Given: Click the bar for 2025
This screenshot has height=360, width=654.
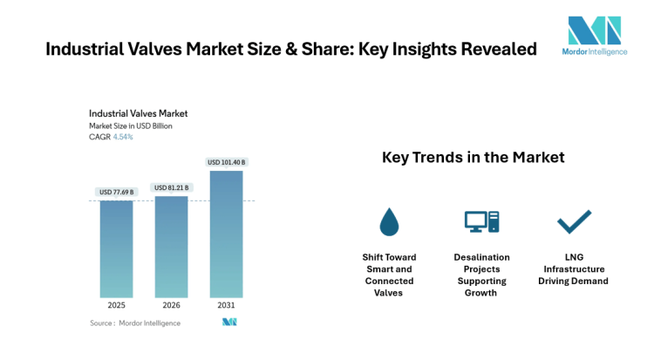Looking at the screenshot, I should tap(116, 249).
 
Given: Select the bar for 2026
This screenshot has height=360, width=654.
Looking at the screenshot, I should tap(171, 247).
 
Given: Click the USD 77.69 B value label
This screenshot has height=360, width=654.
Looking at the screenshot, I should tap(116, 192).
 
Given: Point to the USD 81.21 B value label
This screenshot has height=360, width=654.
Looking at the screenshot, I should tap(171, 187).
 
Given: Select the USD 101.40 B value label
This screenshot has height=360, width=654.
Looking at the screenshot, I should tap(226, 162).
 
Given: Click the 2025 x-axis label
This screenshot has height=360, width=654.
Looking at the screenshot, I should tap(116, 306).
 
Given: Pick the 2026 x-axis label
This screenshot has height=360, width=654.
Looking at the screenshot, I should tap(171, 306).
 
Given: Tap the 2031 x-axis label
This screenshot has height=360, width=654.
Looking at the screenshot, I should tap(226, 306).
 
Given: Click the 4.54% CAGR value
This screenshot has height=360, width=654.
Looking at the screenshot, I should tap(123, 137).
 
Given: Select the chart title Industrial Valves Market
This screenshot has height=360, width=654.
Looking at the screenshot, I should tap(138, 113).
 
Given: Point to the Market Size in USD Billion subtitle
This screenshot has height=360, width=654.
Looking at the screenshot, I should tap(131, 126).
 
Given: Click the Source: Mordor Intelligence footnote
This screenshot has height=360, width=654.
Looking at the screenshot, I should tap(135, 323).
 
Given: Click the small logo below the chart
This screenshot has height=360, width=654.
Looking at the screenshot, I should tap(229, 323).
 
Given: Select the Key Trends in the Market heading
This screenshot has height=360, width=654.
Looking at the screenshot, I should tap(473, 158).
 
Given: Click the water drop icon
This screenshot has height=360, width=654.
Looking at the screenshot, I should tap(389, 222).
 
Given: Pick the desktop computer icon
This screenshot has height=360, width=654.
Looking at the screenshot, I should tap(480, 222).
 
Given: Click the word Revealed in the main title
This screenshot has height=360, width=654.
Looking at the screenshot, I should tap(494, 50).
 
